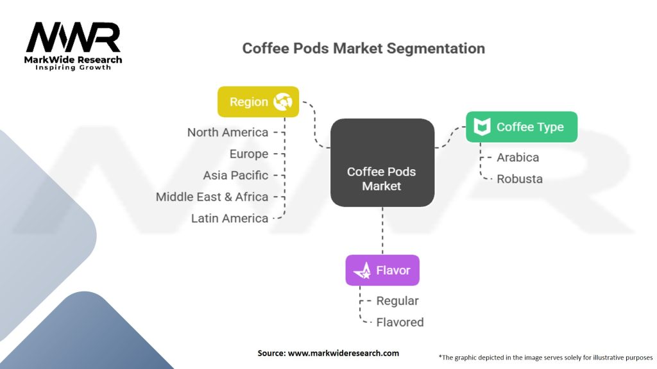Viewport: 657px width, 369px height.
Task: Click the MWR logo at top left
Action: click(73, 40)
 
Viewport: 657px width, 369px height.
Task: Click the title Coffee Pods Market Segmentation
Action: click(363, 48)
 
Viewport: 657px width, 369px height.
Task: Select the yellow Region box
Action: click(258, 102)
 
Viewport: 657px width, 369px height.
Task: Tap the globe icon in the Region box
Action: click(283, 102)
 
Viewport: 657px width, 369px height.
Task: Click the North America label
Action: click(228, 133)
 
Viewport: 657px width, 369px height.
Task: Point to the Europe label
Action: click(249, 154)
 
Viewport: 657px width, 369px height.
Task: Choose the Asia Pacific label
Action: click(235, 176)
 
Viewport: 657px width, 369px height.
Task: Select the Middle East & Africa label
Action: click(212, 197)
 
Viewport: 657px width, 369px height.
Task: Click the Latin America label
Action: click(230, 218)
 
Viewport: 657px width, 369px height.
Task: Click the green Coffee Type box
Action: click(522, 127)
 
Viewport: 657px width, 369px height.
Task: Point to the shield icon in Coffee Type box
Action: click(482, 127)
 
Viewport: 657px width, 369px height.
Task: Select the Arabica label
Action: click(518, 158)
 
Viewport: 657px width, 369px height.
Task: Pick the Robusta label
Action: click(520, 179)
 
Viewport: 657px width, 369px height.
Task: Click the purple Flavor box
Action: click(382, 270)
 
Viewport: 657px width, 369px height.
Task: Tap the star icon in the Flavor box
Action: click(363, 270)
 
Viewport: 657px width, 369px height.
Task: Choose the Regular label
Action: click(397, 301)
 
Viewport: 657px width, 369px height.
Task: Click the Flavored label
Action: click(400, 322)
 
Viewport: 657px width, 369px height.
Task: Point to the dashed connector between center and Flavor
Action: click(382, 231)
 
